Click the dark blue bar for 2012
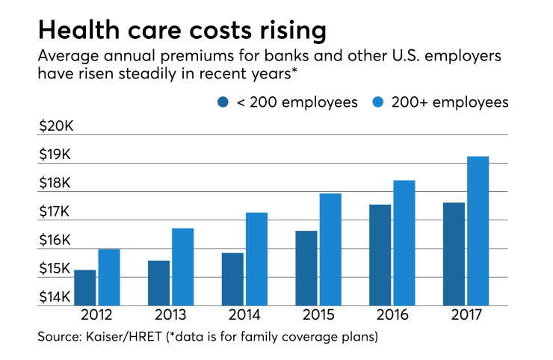[x=85, y=288]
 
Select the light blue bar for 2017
[x=478, y=231]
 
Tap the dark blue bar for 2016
[x=380, y=255]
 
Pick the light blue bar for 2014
[x=257, y=259]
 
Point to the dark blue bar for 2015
[x=306, y=268]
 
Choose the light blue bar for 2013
[x=183, y=267]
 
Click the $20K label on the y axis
[x=56, y=126]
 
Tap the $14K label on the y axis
[x=55, y=297]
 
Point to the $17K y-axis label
[x=55, y=211]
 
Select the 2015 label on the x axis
[x=318, y=314]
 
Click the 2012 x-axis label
[x=96, y=314]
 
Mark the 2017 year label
[x=466, y=314]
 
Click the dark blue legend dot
[x=223, y=102]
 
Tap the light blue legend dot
[x=377, y=102]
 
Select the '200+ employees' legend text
[x=450, y=102]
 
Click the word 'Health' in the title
[x=79, y=30]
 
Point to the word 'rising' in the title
[x=294, y=31]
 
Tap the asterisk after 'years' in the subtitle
[x=294, y=70]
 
